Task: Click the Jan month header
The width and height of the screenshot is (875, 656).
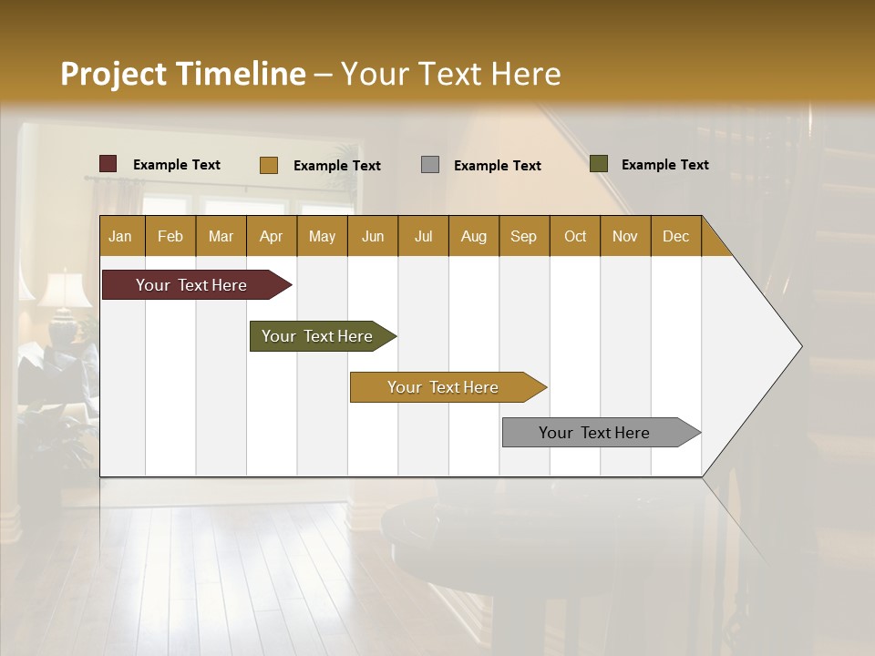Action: point(121,236)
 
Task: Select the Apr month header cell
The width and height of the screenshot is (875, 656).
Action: point(272,236)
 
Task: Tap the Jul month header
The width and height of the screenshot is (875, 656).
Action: point(423,236)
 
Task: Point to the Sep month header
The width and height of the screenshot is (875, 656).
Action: point(523,236)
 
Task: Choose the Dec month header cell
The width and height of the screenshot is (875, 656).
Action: point(675,236)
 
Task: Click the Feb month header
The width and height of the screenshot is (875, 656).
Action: point(170,236)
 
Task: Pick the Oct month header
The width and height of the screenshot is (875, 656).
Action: point(575,236)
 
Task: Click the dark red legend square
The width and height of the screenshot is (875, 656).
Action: point(108,164)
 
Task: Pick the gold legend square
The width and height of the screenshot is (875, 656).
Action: point(269,165)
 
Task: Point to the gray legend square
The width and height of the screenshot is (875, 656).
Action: point(430,165)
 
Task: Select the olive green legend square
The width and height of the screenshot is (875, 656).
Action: point(599,164)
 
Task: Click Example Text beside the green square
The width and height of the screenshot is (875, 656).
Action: point(664,165)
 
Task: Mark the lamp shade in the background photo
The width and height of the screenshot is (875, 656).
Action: point(65,291)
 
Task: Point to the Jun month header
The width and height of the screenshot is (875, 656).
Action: point(373,236)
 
